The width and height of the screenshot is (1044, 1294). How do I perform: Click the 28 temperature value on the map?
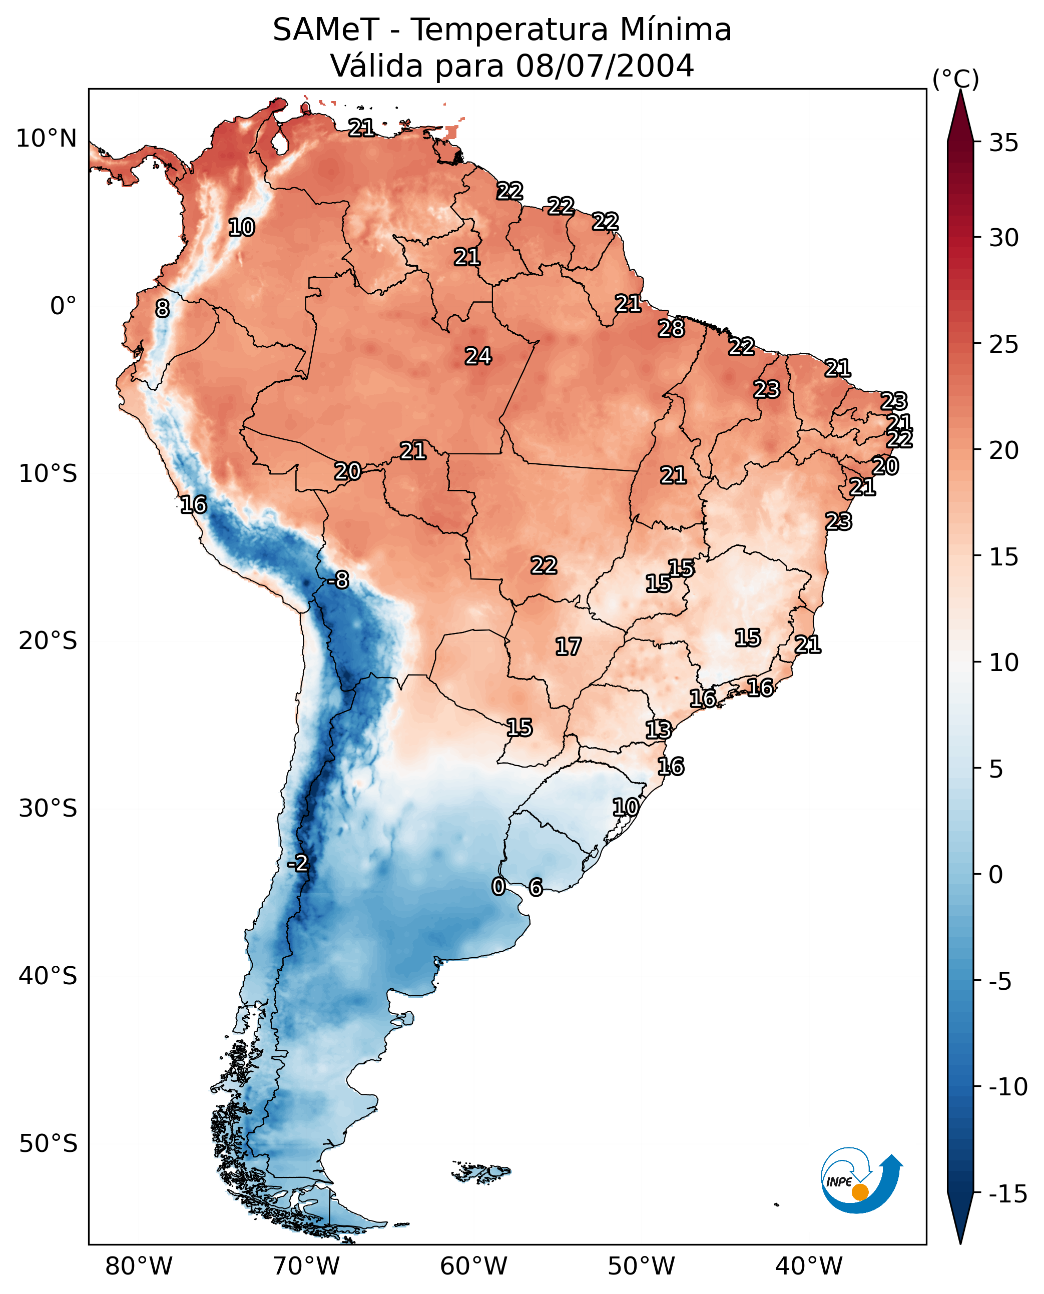pyautogui.click(x=671, y=328)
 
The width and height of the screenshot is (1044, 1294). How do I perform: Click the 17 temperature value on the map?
pyautogui.click(x=568, y=646)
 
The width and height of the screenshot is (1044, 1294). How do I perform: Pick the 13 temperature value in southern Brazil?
pyautogui.click(x=658, y=730)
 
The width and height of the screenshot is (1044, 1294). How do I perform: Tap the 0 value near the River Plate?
pyautogui.click(x=498, y=886)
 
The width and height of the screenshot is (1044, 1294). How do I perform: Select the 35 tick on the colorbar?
pyautogui.click(x=1003, y=143)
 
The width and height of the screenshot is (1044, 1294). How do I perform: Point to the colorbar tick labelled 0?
pyautogui.click(x=996, y=874)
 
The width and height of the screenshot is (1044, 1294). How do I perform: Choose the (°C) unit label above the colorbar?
pyautogui.click(x=955, y=80)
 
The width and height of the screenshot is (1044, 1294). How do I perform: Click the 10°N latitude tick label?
pyautogui.click(x=47, y=139)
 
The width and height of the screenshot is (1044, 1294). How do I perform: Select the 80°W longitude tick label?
pyautogui.click(x=139, y=1266)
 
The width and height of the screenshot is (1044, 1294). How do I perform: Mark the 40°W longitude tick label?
pyautogui.click(x=809, y=1266)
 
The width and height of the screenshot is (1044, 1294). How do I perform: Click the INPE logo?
pyautogui.click(x=861, y=1180)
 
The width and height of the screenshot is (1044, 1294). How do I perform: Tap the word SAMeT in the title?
pyautogui.click(x=325, y=30)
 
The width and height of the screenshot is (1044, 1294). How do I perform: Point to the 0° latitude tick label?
pyautogui.click(x=63, y=306)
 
